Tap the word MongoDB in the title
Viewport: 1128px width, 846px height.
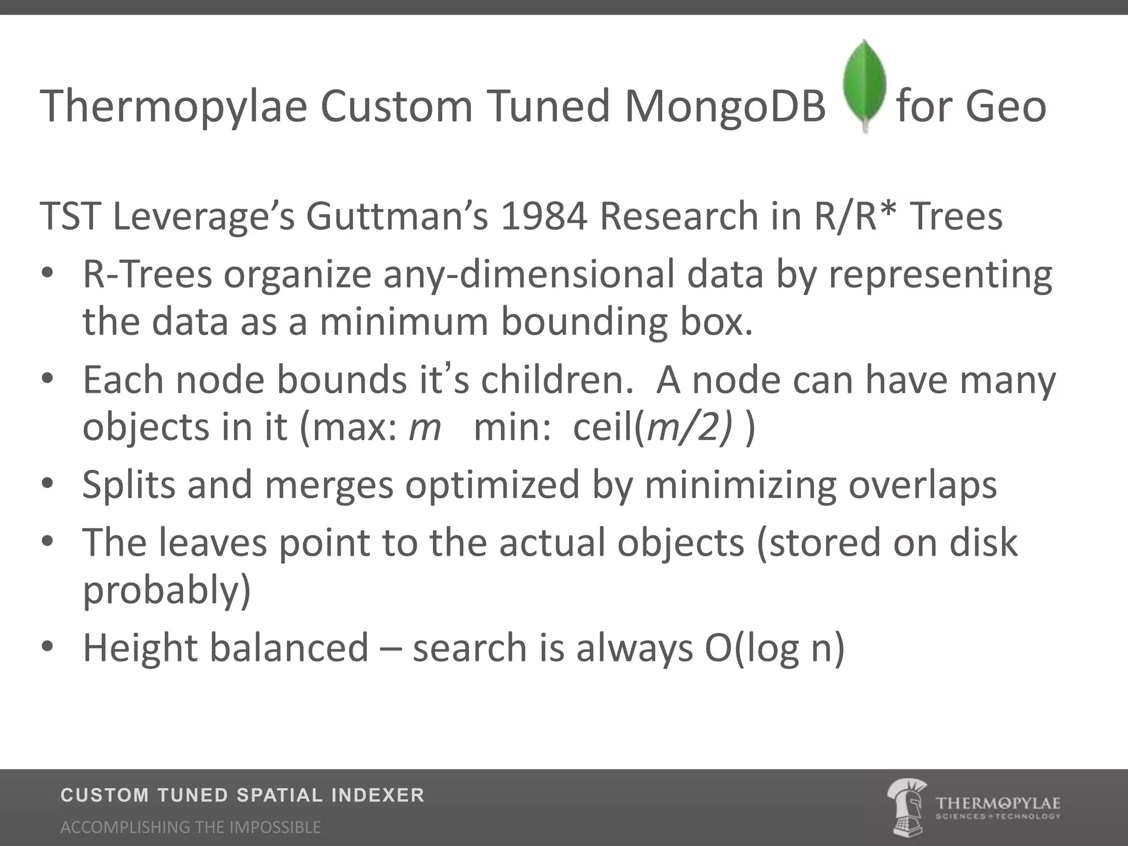[x=725, y=106]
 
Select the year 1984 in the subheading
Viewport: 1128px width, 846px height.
[x=544, y=216]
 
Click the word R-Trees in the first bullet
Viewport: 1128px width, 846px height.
[x=147, y=274]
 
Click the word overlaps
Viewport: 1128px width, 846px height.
[x=923, y=485]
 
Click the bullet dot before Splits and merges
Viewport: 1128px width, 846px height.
[x=47, y=483]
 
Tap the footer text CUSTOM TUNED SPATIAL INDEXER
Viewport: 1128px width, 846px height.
[x=242, y=795]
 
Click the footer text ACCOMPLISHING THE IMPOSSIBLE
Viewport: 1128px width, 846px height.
[x=191, y=827]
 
